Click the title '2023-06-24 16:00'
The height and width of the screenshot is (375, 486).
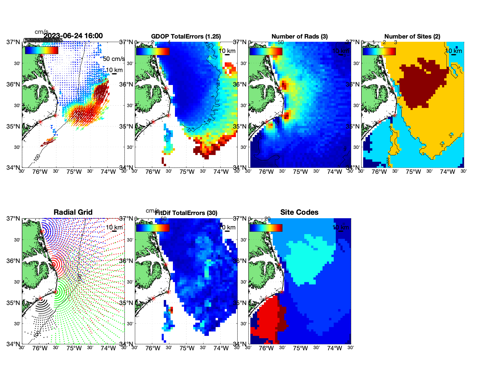73,36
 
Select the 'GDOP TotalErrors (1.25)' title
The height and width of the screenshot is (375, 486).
186,36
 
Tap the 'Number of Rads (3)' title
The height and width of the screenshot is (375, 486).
300,36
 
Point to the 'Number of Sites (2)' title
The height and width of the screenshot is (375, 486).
412,36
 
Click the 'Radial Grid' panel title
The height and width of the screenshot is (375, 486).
73,212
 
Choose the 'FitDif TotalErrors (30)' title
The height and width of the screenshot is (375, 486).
186,213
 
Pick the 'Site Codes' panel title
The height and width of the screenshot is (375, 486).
299,212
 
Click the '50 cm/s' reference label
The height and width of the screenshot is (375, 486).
114,59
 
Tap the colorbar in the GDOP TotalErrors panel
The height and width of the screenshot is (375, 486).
153,51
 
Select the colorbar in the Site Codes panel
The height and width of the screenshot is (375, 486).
266,228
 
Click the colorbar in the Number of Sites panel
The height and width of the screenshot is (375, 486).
379,51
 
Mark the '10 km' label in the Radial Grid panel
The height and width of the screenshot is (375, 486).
114,227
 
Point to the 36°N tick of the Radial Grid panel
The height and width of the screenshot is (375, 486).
13,261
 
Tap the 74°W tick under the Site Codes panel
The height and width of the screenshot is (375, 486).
334,349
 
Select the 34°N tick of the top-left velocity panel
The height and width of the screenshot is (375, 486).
13,168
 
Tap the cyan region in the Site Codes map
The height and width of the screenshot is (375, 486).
309,259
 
